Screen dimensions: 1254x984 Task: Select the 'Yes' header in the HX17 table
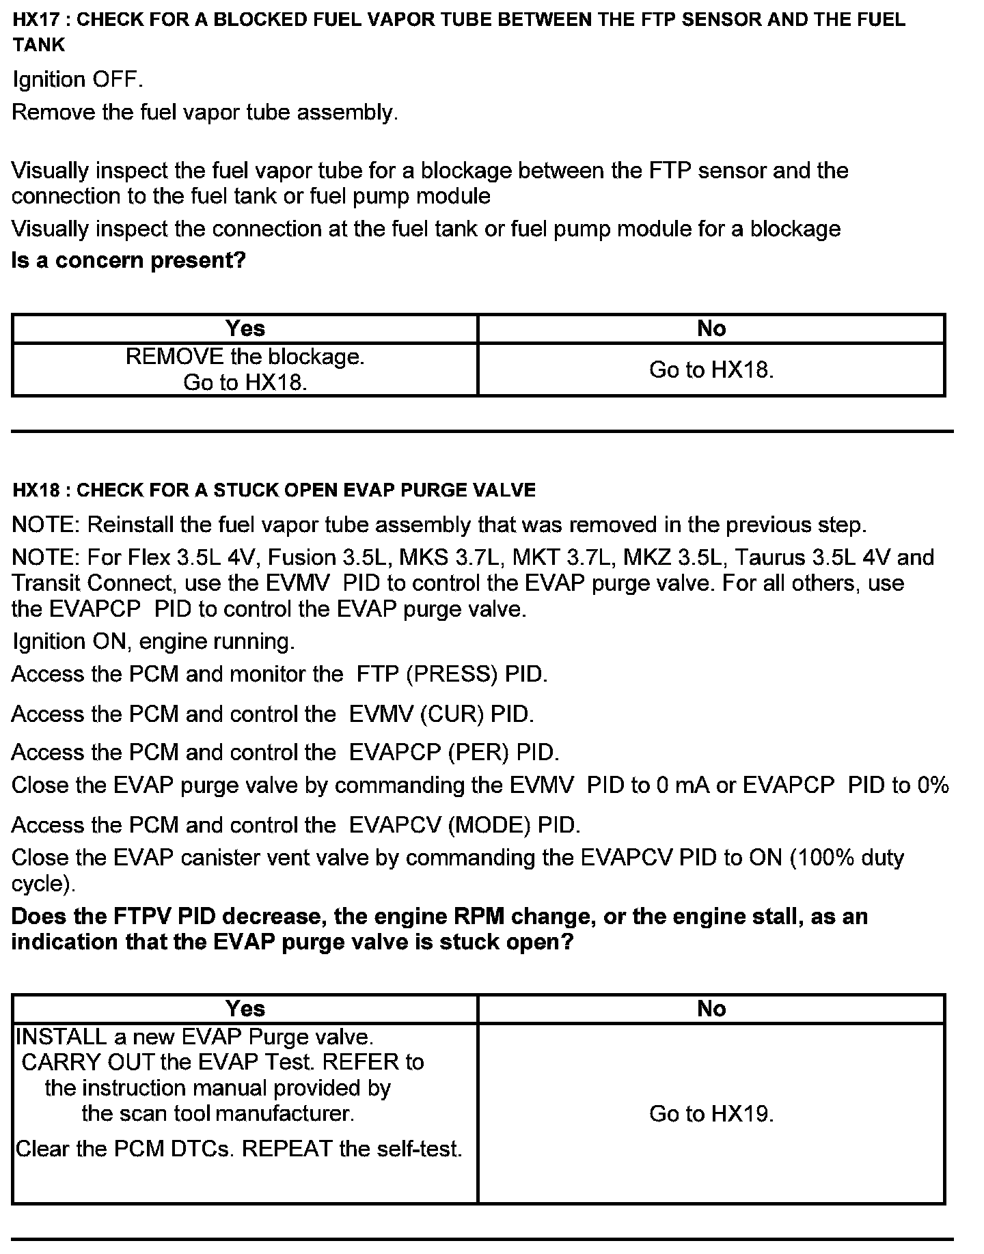[x=245, y=329]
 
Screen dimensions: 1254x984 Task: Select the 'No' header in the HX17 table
[x=711, y=329]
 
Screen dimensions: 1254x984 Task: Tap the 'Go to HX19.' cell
[x=711, y=1114]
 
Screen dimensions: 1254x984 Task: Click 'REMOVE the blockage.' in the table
[x=245, y=357]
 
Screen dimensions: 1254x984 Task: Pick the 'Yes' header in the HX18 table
[x=245, y=1009]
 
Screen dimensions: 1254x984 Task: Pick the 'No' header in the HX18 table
[x=711, y=1009]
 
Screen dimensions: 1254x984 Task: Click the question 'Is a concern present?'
[x=128, y=260]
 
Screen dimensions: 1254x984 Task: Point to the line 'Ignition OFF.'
[x=78, y=80]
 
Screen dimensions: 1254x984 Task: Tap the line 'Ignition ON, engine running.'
[x=154, y=641]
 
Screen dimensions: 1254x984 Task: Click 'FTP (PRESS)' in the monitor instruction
[x=427, y=675]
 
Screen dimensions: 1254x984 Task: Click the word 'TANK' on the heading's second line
[x=39, y=45]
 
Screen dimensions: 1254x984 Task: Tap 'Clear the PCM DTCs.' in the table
[x=125, y=1149]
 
